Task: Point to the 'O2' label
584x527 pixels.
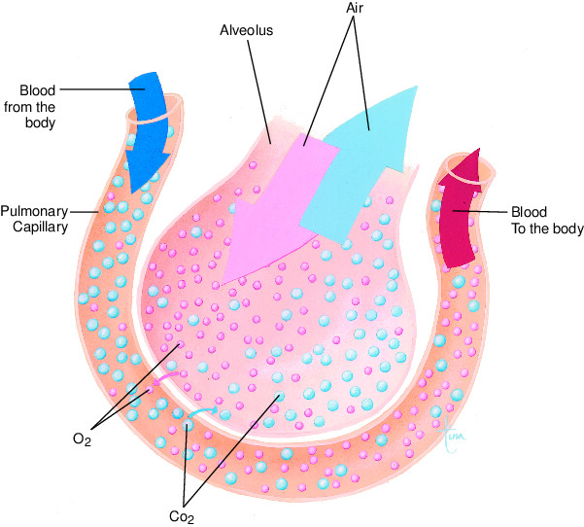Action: pyautogui.click(x=82, y=440)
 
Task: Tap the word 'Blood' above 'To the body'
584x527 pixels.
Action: pyautogui.click(x=530, y=212)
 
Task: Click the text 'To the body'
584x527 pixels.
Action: pyautogui.click(x=546, y=229)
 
